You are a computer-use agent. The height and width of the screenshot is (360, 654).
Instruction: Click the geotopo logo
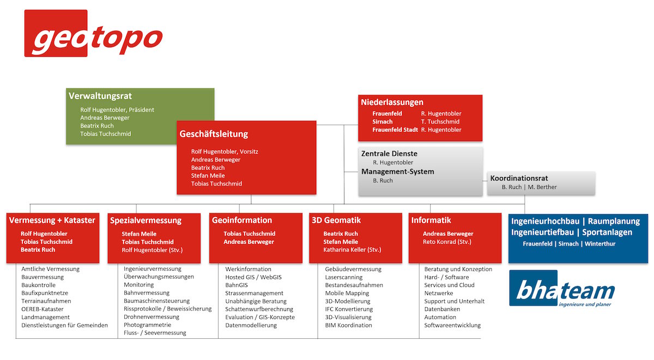point(93,33)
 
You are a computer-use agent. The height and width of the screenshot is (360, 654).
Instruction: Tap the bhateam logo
point(562,288)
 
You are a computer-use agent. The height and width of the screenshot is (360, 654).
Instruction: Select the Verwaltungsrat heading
point(100,96)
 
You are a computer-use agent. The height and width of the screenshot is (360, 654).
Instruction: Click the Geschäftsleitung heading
point(214,134)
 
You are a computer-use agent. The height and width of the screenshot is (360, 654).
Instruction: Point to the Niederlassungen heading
point(392,102)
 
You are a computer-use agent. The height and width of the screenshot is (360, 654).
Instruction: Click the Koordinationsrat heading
point(519,178)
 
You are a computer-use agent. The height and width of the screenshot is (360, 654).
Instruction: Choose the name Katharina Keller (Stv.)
point(352,250)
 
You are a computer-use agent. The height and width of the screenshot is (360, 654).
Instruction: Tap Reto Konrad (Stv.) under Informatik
point(447,242)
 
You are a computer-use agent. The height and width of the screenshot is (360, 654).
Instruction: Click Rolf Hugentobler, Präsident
point(117,109)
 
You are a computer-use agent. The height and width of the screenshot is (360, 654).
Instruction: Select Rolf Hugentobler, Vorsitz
point(225,152)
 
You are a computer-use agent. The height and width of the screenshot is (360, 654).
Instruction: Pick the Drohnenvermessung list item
point(152,317)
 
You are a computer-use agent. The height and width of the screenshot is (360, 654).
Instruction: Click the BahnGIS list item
point(236,285)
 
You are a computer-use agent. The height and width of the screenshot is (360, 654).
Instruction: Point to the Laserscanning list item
point(344,277)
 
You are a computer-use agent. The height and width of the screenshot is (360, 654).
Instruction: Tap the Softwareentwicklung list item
point(452,325)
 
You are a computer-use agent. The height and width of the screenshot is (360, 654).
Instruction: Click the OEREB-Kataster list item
point(43,309)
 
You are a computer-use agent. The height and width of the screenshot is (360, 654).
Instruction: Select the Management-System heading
point(398,172)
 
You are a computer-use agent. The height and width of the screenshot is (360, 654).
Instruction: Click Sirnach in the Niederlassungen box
point(382,121)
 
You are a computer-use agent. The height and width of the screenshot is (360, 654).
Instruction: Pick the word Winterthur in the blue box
point(599,244)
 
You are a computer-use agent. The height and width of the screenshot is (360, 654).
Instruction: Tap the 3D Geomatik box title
point(336,220)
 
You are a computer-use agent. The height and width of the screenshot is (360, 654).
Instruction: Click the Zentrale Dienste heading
point(389,154)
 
